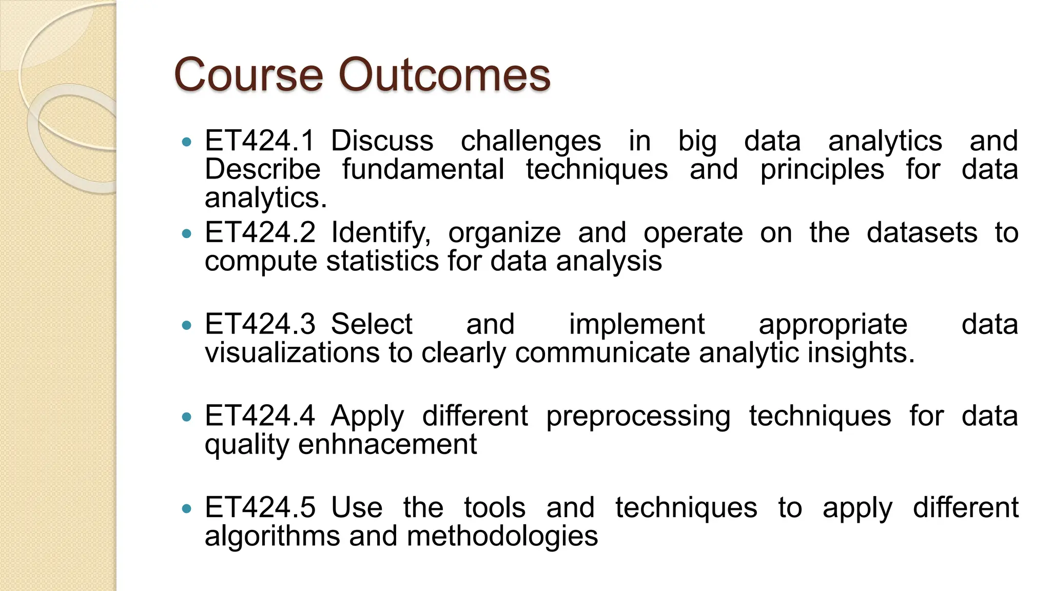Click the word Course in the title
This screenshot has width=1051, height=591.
pyautogui.click(x=248, y=75)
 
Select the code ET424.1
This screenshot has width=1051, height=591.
pyautogui.click(x=259, y=141)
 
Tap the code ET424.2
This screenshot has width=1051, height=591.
pyautogui.click(x=260, y=232)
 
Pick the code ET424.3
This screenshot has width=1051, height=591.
pyautogui.click(x=260, y=324)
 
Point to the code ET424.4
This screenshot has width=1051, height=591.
pyautogui.click(x=260, y=416)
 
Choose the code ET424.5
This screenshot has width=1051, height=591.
pyautogui.click(x=260, y=507)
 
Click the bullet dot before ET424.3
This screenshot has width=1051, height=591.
pyautogui.click(x=187, y=325)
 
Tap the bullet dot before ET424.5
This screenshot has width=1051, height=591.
pyautogui.click(x=187, y=508)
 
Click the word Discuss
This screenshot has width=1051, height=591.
pyautogui.click(x=382, y=141)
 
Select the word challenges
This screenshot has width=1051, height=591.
pyautogui.click(x=531, y=142)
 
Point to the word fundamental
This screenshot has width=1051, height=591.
pyautogui.click(x=423, y=169)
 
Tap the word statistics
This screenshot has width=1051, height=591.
pyautogui.click(x=383, y=261)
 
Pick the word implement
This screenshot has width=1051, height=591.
pyautogui.click(x=636, y=325)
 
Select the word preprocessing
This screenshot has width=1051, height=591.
pyautogui.click(x=638, y=417)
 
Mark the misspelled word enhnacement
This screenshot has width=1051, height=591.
pyautogui.click(x=387, y=444)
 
